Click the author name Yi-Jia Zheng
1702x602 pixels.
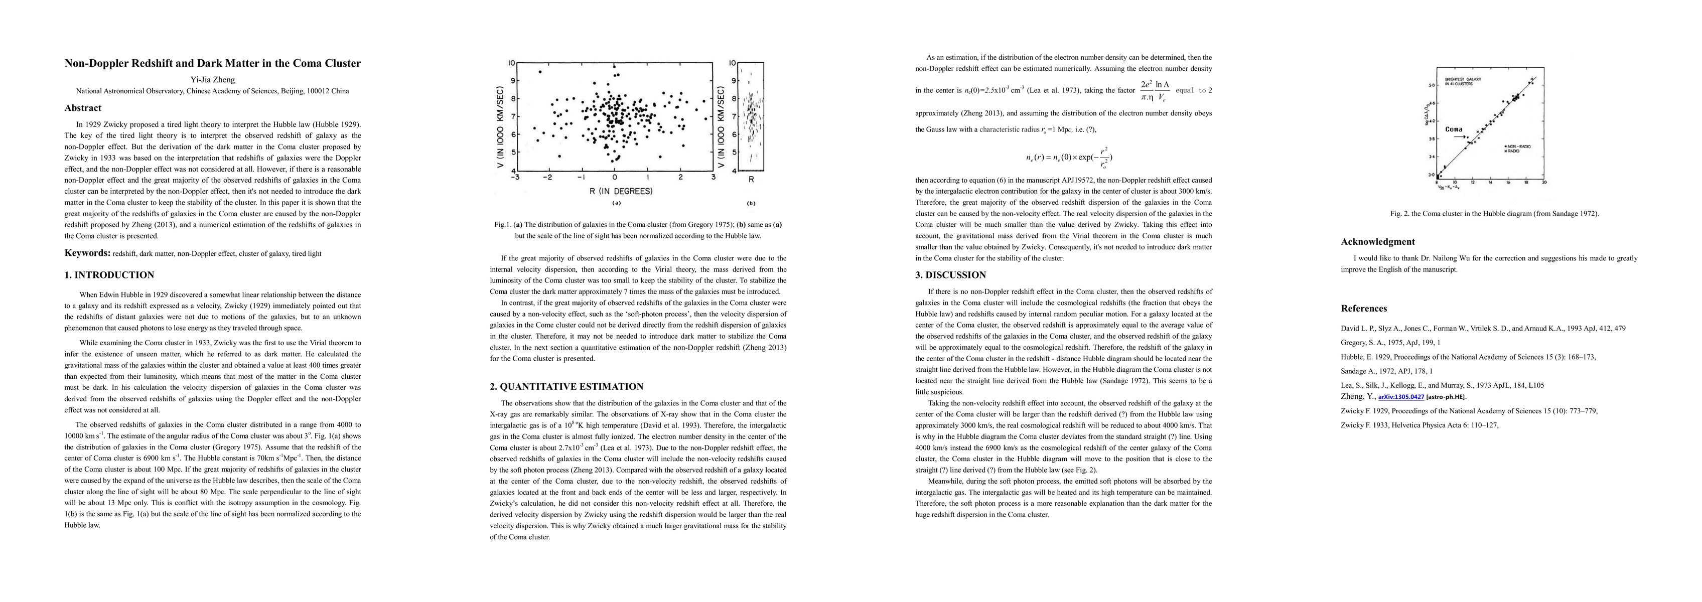(x=212, y=79)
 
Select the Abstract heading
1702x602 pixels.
(x=83, y=108)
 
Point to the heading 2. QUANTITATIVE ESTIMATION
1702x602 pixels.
(x=566, y=387)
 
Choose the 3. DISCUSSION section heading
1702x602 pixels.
(x=950, y=275)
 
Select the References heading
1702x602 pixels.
(x=1364, y=309)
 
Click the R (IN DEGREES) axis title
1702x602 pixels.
(x=615, y=191)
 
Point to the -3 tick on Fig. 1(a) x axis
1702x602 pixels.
(x=515, y=177)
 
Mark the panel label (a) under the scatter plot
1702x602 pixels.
(x=616, y=204)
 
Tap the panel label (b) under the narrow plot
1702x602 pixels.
(x=751, y=204)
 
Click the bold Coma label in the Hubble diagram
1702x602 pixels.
(x=1454, y=129)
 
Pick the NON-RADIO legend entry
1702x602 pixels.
(x=1518, y=146)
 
